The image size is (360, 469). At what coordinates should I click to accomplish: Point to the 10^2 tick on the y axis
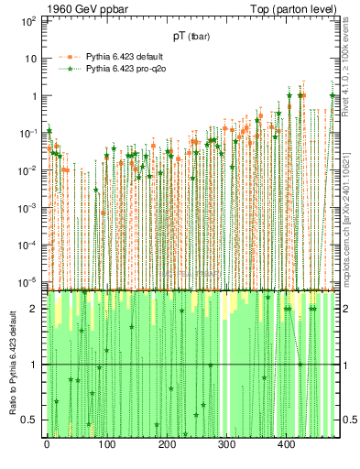tap(28, 19)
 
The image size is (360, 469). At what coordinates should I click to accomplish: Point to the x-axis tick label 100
tap(106, 444)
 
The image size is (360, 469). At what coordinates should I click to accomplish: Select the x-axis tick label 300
tap(226, 444)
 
